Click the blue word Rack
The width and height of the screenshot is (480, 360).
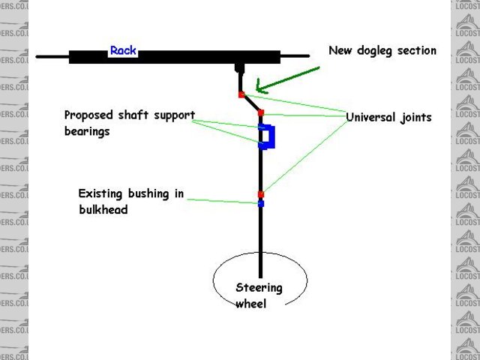pyautogui.click(x=122, y=51)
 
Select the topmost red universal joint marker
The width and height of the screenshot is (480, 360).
pyautogui.click(x=241, y=94)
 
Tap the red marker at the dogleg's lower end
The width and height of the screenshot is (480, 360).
pyautogui.click(x=261, y=112)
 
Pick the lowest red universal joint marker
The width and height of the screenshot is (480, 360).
pyautogui.click(x=261, y=194)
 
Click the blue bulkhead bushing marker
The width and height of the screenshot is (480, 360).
pyautogui.click(x=261, y=203)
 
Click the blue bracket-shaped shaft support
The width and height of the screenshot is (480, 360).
pyautogui.click(x=268, y=137)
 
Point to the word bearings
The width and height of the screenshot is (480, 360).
pyautogui.click(x=87, y=131)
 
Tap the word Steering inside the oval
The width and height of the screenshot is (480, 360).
pyautogui.click(x=259, y=287)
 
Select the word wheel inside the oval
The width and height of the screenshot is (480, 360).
pyautogui.click(x=250, y=304)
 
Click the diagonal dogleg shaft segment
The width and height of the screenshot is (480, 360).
pyautogui.click(x=251, y=103)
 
